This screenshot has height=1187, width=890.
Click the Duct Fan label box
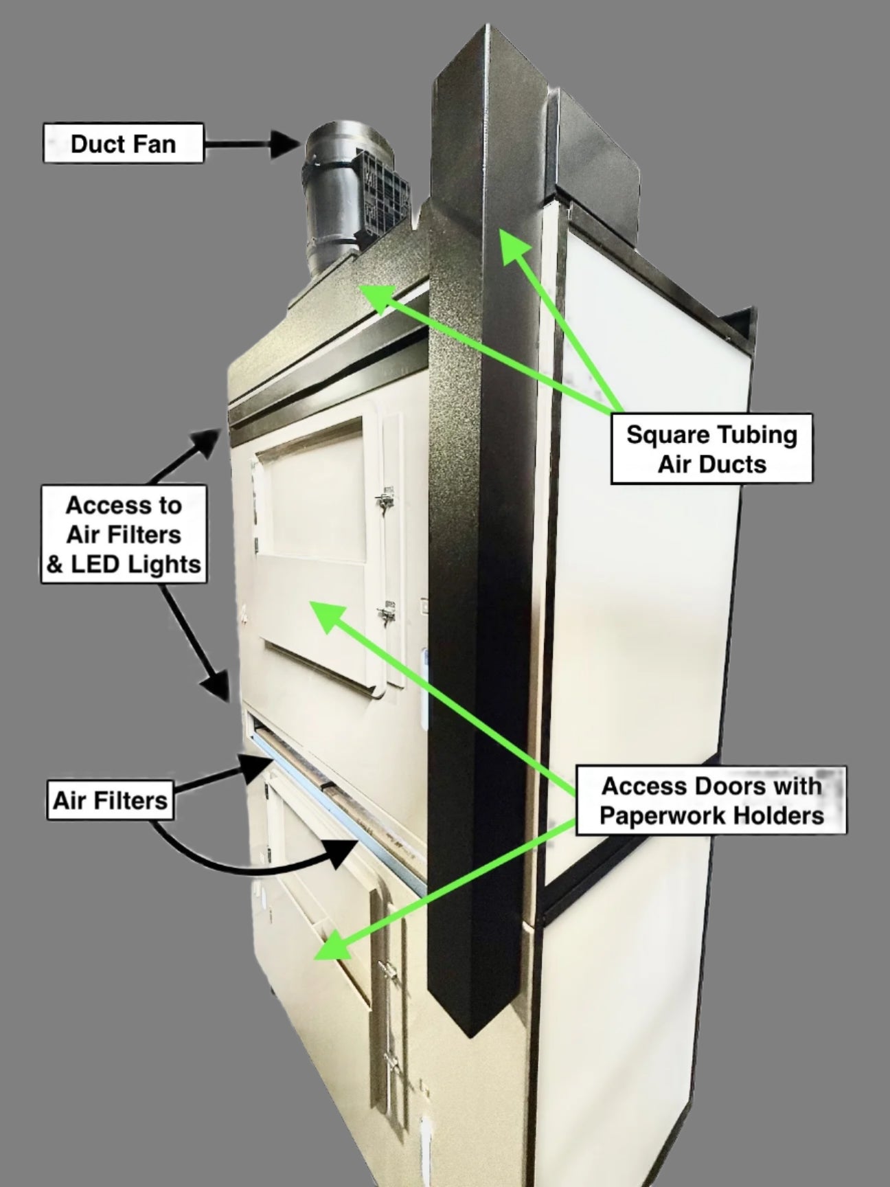pos(124,143)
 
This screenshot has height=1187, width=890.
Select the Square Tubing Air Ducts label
pos(711,449)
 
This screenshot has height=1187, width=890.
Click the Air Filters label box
pos(110,800)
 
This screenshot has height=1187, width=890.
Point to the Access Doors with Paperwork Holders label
pos(711,800)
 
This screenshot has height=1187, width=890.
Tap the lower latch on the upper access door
pos(388,611)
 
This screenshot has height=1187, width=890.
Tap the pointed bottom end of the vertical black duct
pos(468,1035)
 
